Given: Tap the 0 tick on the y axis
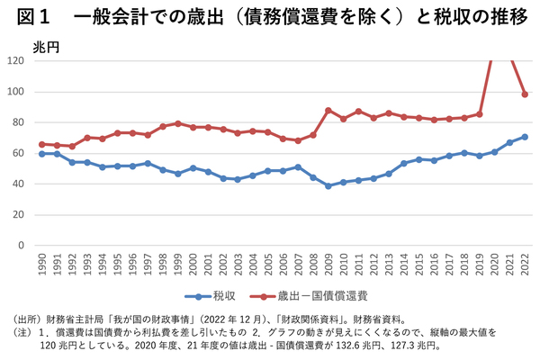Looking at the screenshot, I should (22, 245).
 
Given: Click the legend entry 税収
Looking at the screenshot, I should (222, 294).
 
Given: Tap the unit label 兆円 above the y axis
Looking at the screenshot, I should (45, 45).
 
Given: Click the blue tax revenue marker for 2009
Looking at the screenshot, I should (328, 185).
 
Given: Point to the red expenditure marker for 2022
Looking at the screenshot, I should (525, 94).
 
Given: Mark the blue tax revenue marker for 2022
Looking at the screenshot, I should (525, 137).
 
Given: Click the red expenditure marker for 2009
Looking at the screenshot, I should (328, 110).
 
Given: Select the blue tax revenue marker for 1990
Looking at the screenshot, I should (41, 154).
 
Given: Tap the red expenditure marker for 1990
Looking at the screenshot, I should (41, 144).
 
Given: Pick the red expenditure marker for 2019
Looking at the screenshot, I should (480, 114).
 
